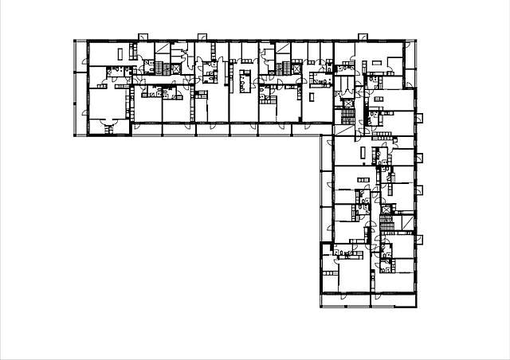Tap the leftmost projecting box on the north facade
(x=142, y=37)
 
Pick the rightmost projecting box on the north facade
(x=362, y=37)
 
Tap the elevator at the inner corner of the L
(x=347, y=103)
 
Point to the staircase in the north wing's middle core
(x=284, y=68)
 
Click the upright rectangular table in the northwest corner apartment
(x=120, y=53)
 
